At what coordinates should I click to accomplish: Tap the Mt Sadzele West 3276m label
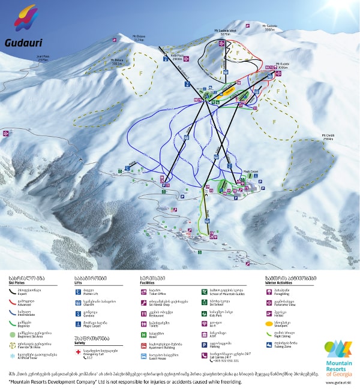[x=225, y=34]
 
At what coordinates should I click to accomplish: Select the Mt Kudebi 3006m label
[x=283, y=65]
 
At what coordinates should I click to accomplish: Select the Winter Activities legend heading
[x=283, y=281]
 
